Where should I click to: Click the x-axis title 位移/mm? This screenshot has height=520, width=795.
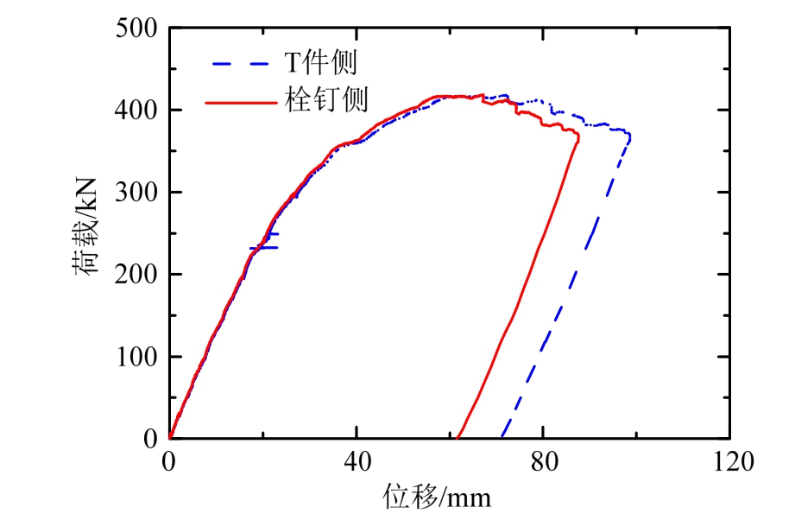coord(438,498)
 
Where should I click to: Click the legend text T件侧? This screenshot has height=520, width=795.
coord(321,62)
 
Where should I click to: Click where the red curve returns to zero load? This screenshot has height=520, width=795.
coord(458,437)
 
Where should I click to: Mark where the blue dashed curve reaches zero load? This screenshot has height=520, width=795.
coord(502,437)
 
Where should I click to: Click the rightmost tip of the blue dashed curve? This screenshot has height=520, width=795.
coord(631,137)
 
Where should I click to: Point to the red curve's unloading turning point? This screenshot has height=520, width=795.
coord(578,137)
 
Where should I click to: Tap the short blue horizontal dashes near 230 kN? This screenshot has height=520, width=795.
coord(264,248)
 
